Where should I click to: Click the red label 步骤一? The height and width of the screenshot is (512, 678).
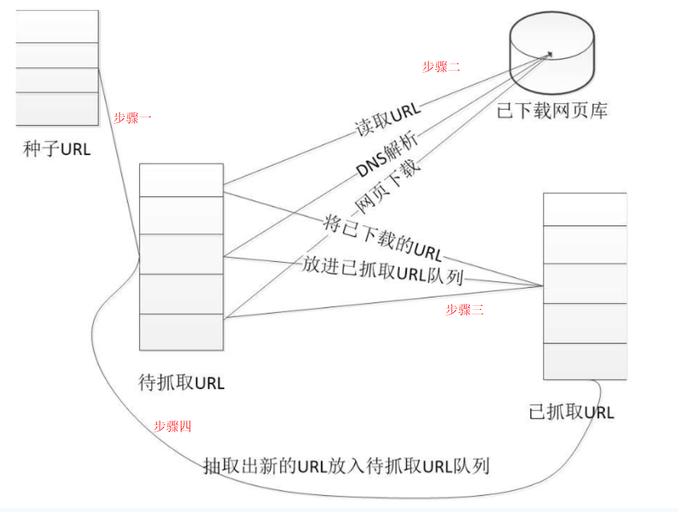[x=132, y=118]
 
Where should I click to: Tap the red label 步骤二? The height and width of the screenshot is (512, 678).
[x=441, y=66]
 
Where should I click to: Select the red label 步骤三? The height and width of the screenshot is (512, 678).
[x=464, y=310]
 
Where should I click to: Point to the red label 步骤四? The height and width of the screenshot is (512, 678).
[x=172, y=426]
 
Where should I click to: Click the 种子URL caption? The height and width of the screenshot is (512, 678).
[x=57, y=150]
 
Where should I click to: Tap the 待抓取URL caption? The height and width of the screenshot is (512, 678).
[x=182, y=382]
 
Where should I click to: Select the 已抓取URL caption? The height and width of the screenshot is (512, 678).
[x=571, y=412]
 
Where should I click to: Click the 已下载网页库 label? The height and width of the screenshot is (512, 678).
[x=553, y=111]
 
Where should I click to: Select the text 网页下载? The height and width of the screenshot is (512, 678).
[x=389, y=185]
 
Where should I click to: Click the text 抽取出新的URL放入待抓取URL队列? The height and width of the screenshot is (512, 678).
[x=345, y=465]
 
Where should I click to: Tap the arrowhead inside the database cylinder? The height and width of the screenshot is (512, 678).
[x=550, y=54]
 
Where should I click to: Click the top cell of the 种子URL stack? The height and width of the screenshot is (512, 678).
[x=57, y=26]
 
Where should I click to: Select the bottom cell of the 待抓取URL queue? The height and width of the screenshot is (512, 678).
[x=181, y=332]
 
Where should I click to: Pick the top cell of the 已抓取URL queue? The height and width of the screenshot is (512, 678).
[x=585, y=209]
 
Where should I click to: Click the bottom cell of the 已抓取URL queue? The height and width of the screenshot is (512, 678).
[x=585, y=361]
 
